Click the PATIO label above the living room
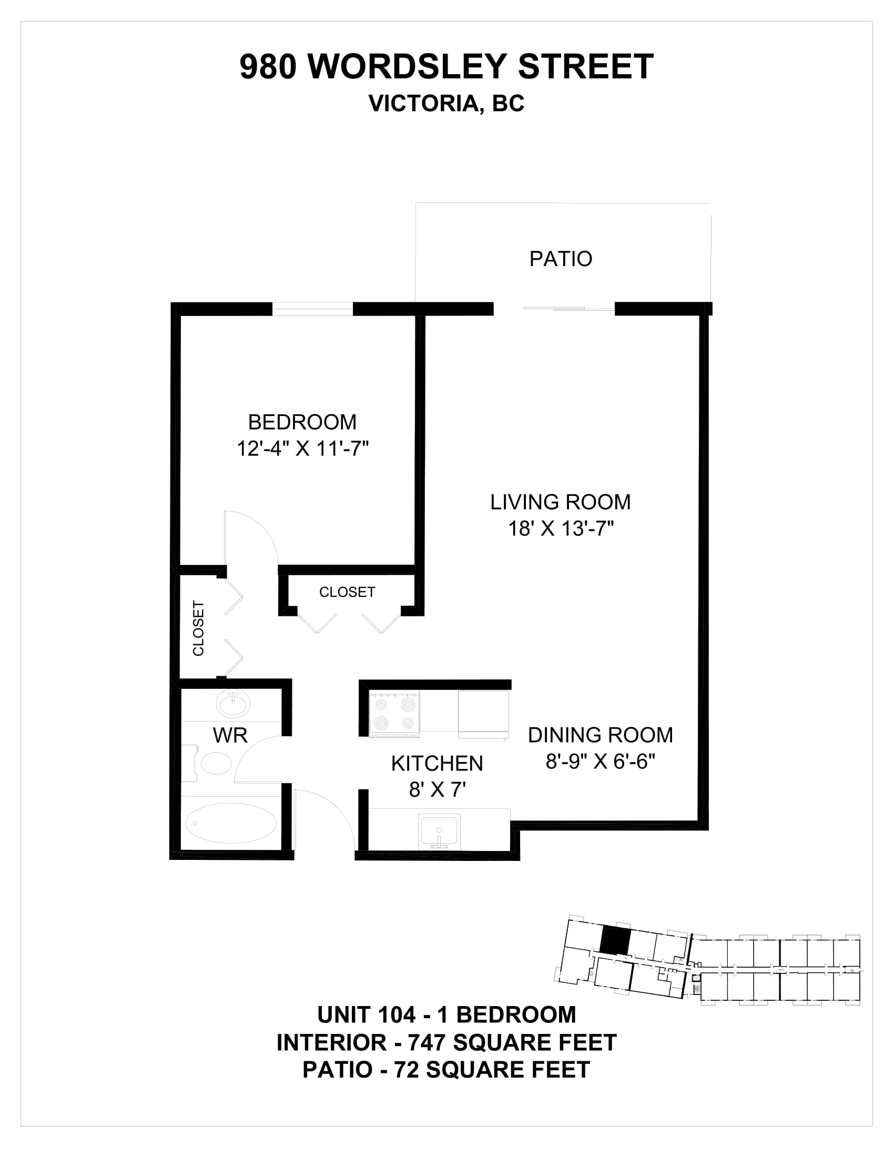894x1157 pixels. [561, 259]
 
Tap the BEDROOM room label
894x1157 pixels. [302, 422]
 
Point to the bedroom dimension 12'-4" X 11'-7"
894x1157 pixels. [302, 449]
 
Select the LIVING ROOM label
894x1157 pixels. [561, 502]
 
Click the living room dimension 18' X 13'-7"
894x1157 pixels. [561, 529]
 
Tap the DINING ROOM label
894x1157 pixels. [601, 735]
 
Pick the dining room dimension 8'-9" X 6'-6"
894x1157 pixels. [601, 762]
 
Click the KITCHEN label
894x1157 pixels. [437, 764]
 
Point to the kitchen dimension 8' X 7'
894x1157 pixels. [437, 790]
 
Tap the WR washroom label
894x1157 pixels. [230, 735]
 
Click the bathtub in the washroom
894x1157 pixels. [231, 823]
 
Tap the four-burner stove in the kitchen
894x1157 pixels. [394, 714]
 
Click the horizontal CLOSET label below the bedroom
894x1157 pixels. [347, 592]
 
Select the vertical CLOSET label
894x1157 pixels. [198, 628]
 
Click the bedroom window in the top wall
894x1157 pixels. [312, 309]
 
